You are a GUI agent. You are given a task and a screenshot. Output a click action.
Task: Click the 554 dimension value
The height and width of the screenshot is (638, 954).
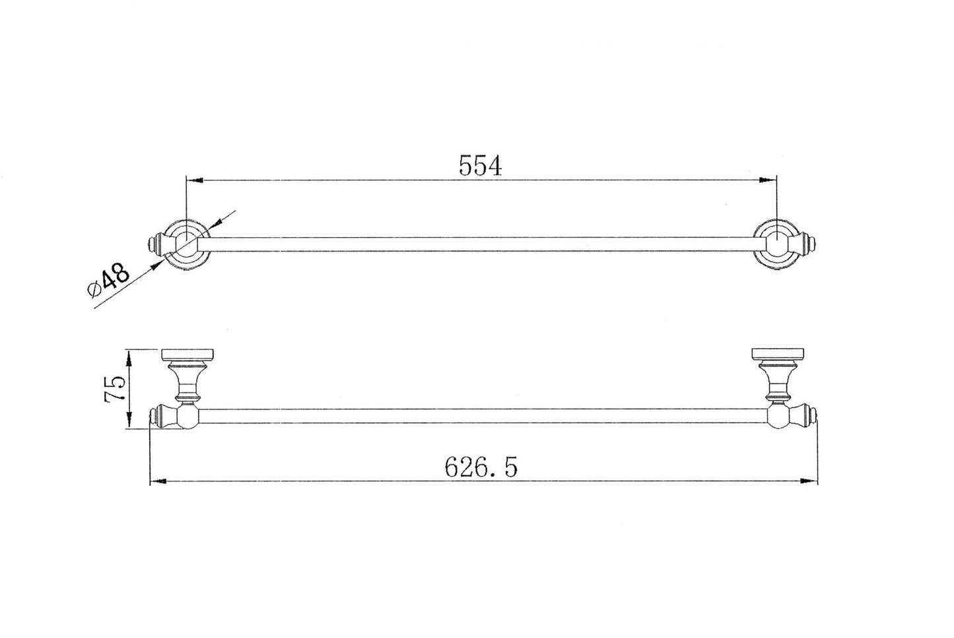(481, 165)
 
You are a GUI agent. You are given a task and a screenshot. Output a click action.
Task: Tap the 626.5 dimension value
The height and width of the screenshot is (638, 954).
(481, 468)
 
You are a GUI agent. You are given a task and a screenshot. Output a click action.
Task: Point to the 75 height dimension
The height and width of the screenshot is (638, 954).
(114, 390)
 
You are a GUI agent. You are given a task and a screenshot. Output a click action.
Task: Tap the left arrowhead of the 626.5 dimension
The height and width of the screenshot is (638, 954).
(159, 481)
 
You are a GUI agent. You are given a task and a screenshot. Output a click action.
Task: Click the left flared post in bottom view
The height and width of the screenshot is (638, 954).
(187, 382)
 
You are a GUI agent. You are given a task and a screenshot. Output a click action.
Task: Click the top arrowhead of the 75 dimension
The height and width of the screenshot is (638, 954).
(131, 357)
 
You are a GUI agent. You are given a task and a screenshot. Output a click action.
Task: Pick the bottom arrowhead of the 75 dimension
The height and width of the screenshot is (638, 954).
(131, 423)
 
